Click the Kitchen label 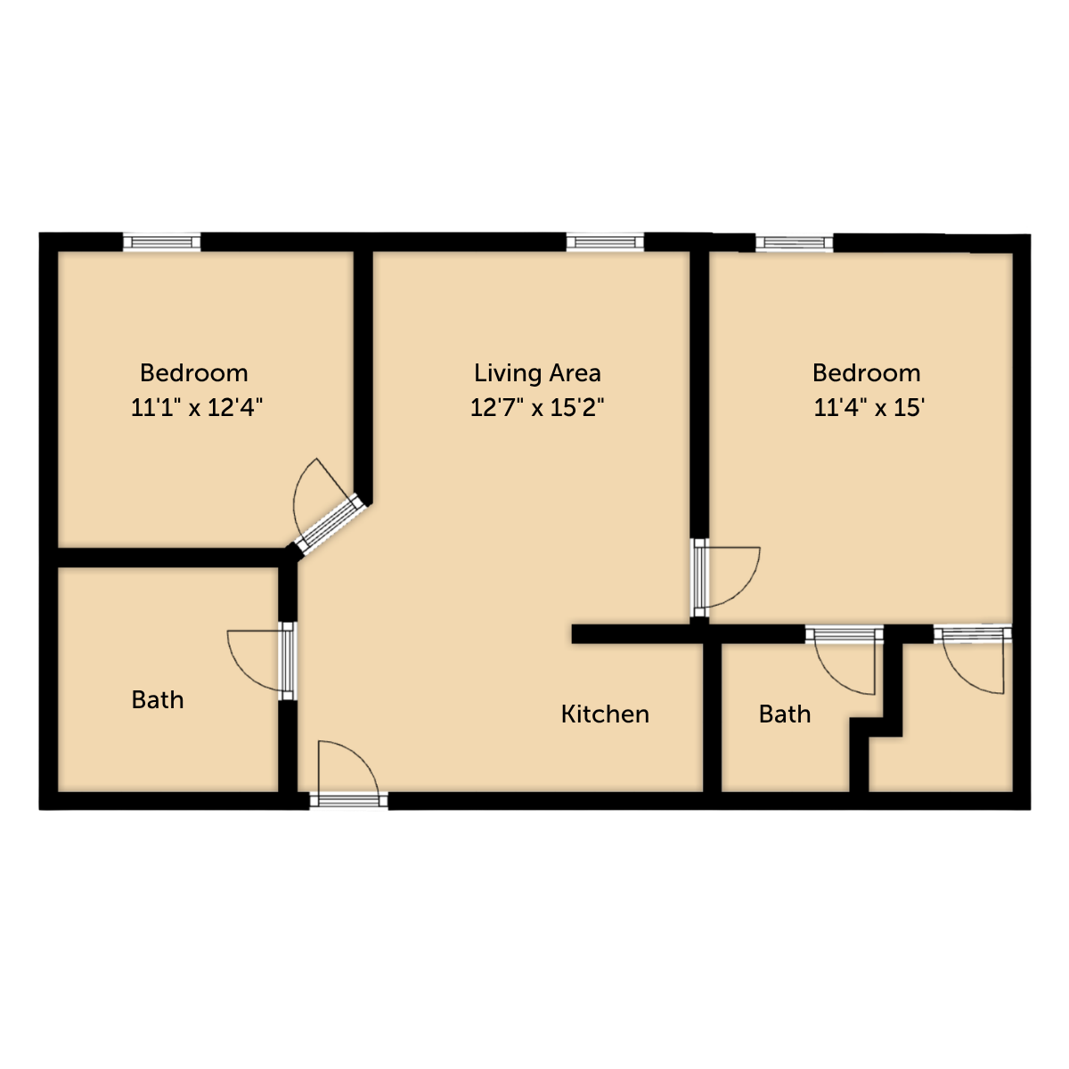point(605,714)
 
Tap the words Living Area point(537,372)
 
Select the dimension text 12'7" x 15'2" point(536,408)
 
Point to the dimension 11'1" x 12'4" point(196,408)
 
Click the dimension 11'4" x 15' point(869,408)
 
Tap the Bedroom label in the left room point(193,372)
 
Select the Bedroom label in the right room point(867,372)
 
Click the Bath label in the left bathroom point(158,700)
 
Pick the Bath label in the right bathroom point(785,714)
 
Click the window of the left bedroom point(161,242)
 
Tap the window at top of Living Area point(605,242)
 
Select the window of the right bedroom point(795,243)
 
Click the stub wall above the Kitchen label point(638,634)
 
